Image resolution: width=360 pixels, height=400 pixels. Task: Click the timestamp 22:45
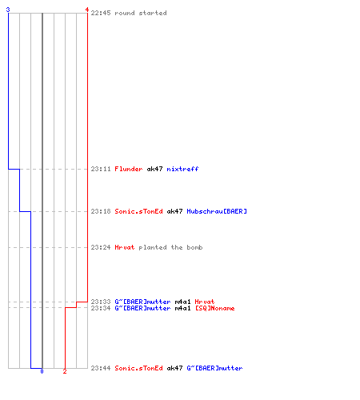click(x=101, y=13)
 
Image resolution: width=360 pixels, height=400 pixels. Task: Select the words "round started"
click(x=141, y=13)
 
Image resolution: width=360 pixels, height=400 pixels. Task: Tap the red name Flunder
click(x=129, y=169)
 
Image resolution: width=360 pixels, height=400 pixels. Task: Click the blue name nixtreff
click(x=182, y=169)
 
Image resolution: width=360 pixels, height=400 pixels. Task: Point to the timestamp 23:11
click(x=101, y=169)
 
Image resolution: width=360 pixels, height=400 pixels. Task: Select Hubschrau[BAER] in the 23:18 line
click(x=217, y=211)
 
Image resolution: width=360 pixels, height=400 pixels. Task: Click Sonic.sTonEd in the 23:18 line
click(x=138, y=211)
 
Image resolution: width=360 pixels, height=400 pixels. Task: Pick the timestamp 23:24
click(x=101, y=247)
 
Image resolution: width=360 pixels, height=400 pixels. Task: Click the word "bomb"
click(x=194, y=247)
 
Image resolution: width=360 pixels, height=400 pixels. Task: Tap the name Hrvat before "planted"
click(x=125, y=247)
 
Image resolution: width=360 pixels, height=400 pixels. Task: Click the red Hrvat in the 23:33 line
click(x=205, y=302)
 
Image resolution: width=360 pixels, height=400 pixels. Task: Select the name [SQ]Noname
click(x=215, y=308)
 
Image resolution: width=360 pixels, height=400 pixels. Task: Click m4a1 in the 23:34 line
click(x=182, y=308)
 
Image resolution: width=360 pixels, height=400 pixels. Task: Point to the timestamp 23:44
click(x=101, y=368)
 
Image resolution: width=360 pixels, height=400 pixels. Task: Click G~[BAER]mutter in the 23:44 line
click(x=214, y=368)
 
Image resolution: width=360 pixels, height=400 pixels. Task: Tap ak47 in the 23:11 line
click(x=154, y=169)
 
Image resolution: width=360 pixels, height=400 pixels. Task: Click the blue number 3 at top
click(x=8, y=10)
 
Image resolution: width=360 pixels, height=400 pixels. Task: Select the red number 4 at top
click(x=87, y=10)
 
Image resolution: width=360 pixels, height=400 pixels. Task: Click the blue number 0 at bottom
click(x=42, y=371)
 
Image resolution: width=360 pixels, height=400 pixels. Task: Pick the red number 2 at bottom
click(x=65, y=371)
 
